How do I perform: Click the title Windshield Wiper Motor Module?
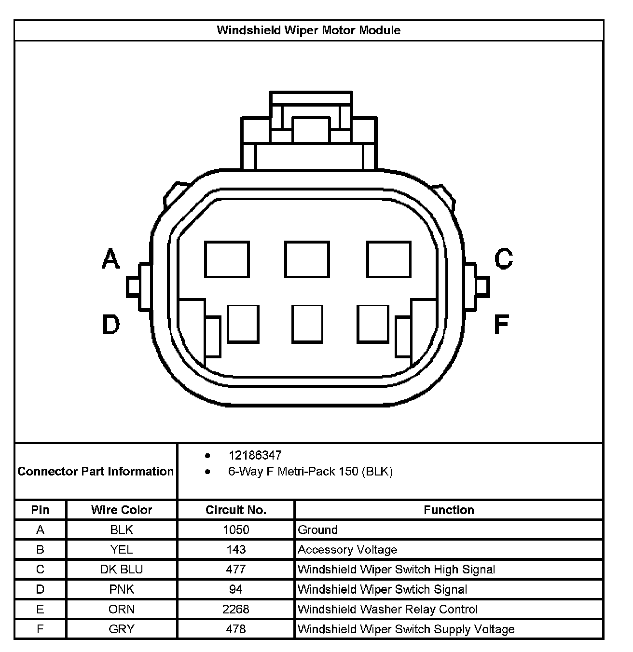tap(308, 30)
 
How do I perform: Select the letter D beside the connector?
tap(111, 325)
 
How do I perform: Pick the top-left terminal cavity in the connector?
tap(227, 259)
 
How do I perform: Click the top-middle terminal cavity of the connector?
tap(307, 259)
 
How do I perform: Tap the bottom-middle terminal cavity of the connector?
tap(307, 324)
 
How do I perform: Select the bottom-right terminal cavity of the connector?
tap(373, 324)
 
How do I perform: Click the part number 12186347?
tap(255, 455)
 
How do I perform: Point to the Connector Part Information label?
tap(96, 471)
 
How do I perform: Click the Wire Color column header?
tap(122, 510)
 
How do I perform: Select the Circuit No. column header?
tap(236, 510)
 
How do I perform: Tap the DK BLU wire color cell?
tap(122, 570)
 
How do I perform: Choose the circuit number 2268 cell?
tap(236, 609)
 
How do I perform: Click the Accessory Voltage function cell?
tap(347, 550)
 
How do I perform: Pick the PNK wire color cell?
tap(122, 589)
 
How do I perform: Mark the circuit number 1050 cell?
tap(236, 530)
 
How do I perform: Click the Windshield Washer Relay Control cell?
tap(387, 609)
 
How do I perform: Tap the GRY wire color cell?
tap(122, 629)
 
